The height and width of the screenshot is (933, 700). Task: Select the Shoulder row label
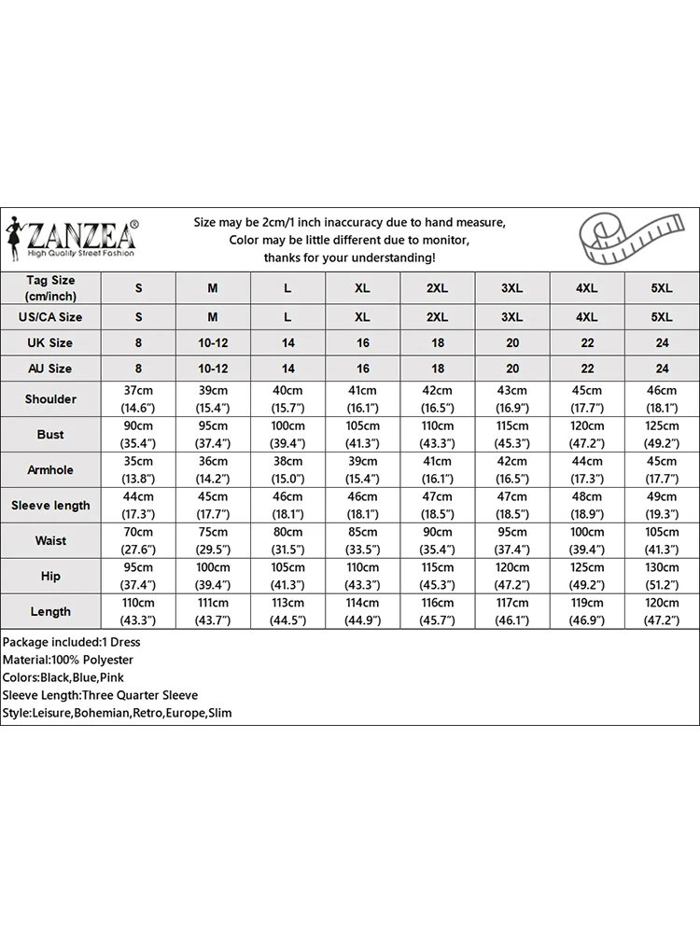pyautogui.click(x=50, y=399)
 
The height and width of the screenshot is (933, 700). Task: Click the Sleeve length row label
pyautogui.click(x=50, y=506)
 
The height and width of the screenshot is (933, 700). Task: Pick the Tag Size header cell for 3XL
pyautogui.click(x=512, y=289)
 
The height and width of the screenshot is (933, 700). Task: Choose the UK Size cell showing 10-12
pyautogui.click(x=213, y=343)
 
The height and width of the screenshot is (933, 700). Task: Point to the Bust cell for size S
pyautogui.click(x=139, y=435)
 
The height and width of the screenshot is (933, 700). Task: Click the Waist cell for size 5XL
pyautogui.click(x=662, y=541)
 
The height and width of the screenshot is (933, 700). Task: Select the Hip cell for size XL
pyautogui.click(x=363, y=577)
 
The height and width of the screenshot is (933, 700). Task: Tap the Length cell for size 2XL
pyautogui.click(x=438, y=612)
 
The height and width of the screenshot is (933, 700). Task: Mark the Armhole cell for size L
pyautogui.click(x=288, y=470)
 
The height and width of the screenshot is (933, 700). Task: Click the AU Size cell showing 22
pyautogui.click(x=587, y=369)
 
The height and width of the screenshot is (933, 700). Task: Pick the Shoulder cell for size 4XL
pyautogui.click(x=587, y=399)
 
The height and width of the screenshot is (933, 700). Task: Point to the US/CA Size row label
pyautogui.click(x=50, y=317)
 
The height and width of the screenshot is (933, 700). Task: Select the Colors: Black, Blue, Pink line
pyautogui.click(x=63, y=677)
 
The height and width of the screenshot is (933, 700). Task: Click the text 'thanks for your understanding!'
pyautogui.click(x=349, y=258)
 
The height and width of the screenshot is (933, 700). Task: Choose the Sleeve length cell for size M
pyautogui.click(x=213, y=506)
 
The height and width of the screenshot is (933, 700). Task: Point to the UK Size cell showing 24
pyautogui.click(x=662, y=343)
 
